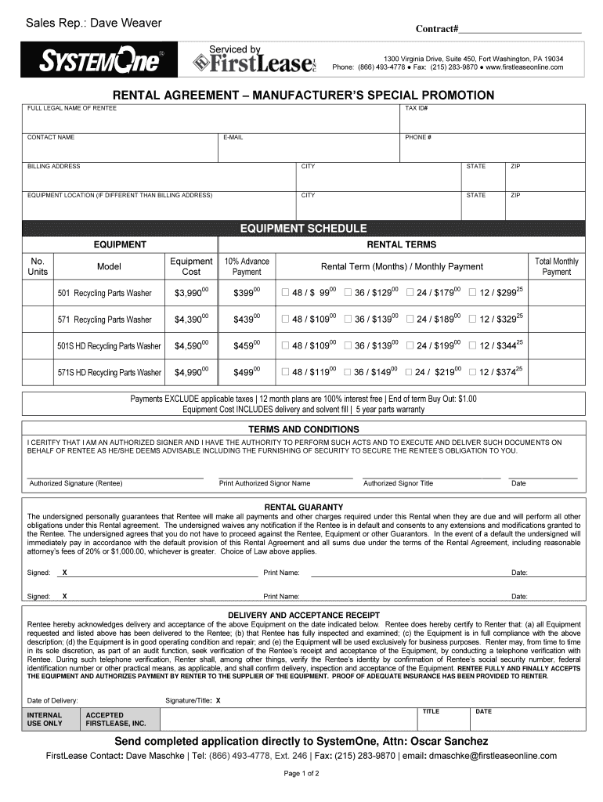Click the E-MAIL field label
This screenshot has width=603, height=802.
pyautogui.click(x=233, y=137)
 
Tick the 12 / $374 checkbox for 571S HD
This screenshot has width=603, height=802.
pyautogui.click(x=472, y=372)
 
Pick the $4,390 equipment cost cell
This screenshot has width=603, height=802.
pyautogui.click(x=191, y=320)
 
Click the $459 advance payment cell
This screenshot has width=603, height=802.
pyautogui.click(x=247, y=345)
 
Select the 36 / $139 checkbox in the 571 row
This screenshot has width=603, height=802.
pyautogui.click(x=348, y=320)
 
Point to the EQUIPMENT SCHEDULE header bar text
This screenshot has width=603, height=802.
pyautogui.click(x=302, y=229)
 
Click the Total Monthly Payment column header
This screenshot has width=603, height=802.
pyautogui.click(x=556, y=266)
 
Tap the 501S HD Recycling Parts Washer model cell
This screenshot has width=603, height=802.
pyautogui.click(x=108, y=345)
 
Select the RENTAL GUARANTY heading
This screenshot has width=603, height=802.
pyautogui.click(x=303, y=507)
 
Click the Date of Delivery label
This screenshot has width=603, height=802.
pyautogui.click(x=52, y=699)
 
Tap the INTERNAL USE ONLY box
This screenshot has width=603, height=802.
pyautogui.click(x=45, y=719)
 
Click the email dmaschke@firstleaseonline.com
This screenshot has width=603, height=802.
pyautogui.click(x=492, y=756)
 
